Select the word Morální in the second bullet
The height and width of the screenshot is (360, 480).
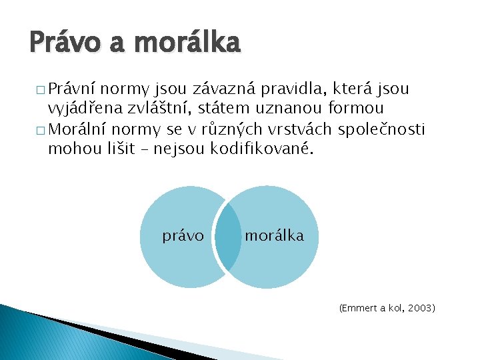pyautogui.click(x=79, y=129)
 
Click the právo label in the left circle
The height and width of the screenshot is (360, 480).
pyautogui.click(x=183, y=235)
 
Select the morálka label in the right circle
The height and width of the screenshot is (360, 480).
pyautogui.click(x=274, y=235)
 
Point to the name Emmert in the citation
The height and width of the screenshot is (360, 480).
pyautogui.click(x=359, y=309)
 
